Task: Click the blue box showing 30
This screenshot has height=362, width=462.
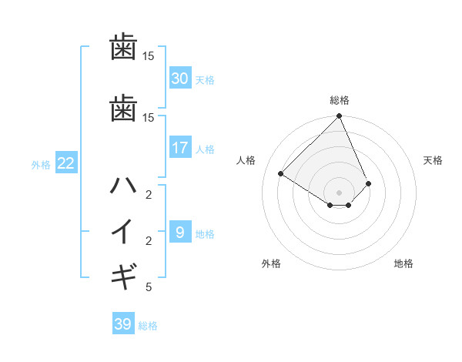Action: (179, 78)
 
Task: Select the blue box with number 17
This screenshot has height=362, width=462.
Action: (179, 148)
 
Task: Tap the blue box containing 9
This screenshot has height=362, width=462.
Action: (179, 232)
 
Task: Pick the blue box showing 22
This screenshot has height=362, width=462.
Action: (65, 163)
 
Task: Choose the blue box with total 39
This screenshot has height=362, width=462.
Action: (122, 324)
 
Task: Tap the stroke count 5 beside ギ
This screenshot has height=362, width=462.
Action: (148, 287)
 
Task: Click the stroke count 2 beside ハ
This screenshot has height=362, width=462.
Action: (148, 194)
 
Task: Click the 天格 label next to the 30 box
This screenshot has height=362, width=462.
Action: (204, 80)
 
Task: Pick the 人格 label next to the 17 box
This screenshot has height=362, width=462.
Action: (204, 149)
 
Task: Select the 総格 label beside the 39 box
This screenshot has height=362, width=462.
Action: (148, 326)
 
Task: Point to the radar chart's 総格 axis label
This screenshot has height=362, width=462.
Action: (340, 100)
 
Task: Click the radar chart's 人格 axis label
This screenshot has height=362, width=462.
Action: (246, 160)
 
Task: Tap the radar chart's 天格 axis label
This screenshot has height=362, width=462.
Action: (434, 160)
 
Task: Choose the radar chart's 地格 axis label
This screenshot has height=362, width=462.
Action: (403, 263)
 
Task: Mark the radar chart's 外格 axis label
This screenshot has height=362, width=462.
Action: (271, 263)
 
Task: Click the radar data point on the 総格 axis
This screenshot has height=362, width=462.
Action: (340, 117)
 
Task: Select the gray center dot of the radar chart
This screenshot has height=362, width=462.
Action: (340, 192)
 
